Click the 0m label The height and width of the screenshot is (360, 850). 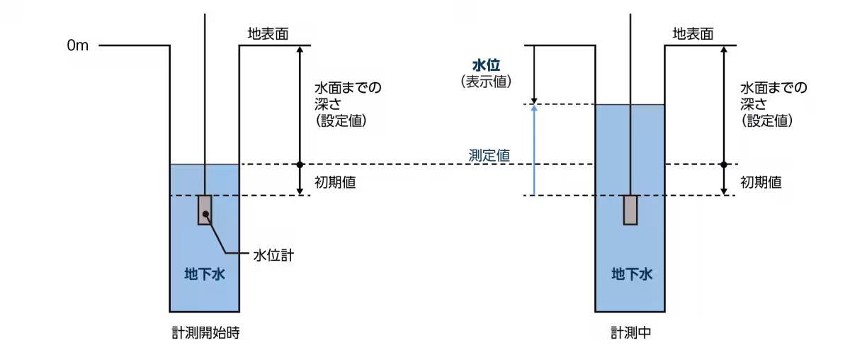click(77, 45)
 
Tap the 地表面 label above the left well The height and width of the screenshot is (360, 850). click(268, 34)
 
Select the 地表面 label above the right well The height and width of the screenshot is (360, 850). click(693, 34)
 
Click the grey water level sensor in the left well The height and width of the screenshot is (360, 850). click(205, 210)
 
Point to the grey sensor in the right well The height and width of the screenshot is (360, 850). click(630, 210)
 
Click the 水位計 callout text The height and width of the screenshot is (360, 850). click(273, 255)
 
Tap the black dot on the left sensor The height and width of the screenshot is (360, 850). click(205, 214)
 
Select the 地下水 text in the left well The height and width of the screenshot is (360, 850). click(205, 274)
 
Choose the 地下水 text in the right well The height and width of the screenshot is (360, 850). click(632, 274)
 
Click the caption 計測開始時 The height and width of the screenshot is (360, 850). click(205, 332)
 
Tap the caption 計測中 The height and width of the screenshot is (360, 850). click(630, 332)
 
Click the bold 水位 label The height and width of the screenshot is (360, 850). click(486, 65)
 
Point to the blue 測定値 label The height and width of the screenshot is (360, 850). click(489, 155)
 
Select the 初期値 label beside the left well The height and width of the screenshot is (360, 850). click(335, 182)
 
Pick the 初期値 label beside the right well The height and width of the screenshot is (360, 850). click(761, 182)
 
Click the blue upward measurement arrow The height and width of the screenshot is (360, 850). click(534, 150)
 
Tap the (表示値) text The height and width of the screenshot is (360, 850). click(486, 81)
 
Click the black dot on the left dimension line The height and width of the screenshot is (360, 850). click(300, 164)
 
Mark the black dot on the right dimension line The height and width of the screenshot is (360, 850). click(724, 164)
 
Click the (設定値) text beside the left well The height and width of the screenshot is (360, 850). click(341, 120)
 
